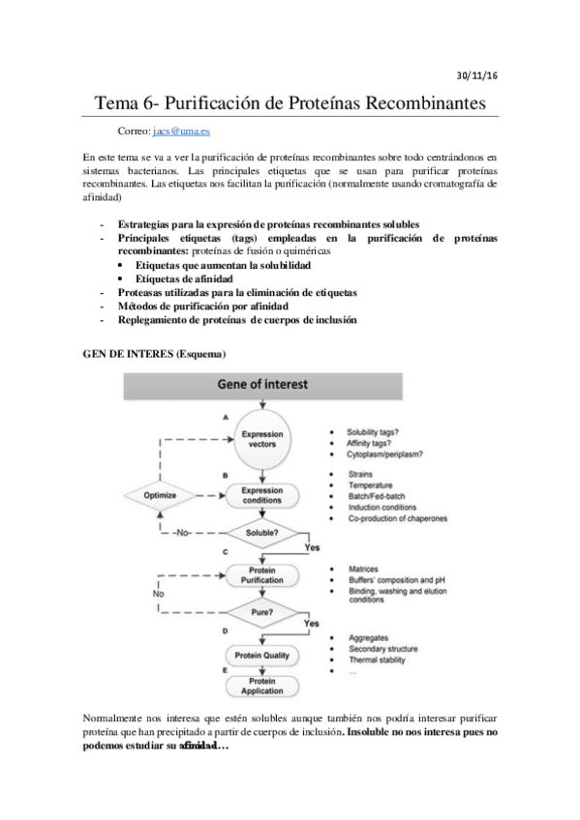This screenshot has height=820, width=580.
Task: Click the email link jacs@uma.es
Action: click(180, 130)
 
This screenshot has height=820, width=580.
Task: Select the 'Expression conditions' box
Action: click(261, 494)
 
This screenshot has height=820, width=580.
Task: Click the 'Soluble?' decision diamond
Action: click(261, 533)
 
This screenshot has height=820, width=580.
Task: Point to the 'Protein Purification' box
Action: click(261, 574)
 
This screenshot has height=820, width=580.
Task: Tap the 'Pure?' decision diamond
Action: click(261, 613)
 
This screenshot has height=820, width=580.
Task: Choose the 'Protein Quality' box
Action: click(261, 656)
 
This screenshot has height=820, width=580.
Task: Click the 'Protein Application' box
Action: click(261, 686)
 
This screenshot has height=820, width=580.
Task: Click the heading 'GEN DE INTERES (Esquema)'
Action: click(152, 354)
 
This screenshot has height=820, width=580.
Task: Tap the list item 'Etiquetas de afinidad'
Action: click(183, 278)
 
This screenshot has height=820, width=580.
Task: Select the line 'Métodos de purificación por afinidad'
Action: click(204, 306)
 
